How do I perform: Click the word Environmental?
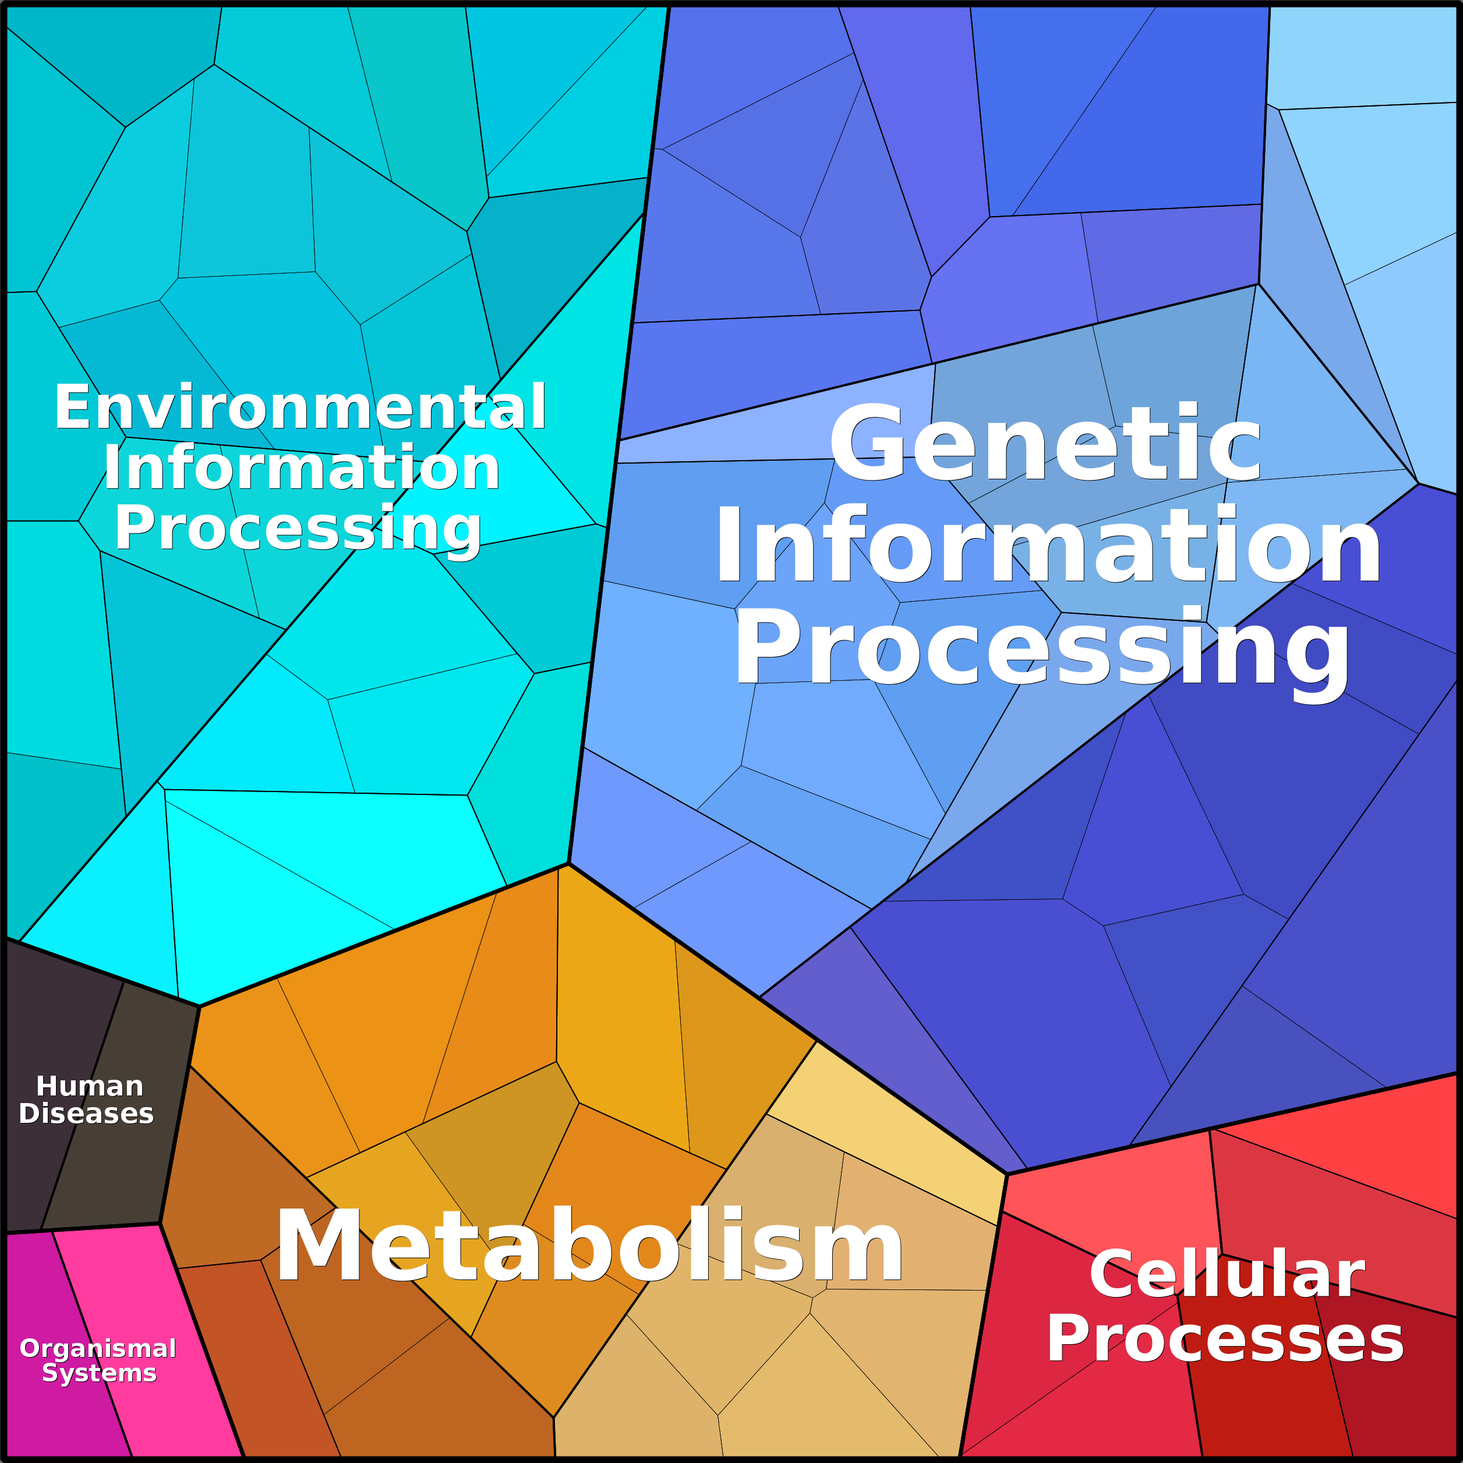(301, 408)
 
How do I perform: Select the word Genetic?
(1046, 443)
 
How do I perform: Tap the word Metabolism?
(590, 1245)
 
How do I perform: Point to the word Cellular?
(1227, 1274)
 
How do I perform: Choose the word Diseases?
(86, 1113)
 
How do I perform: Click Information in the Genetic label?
(1049, 546)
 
